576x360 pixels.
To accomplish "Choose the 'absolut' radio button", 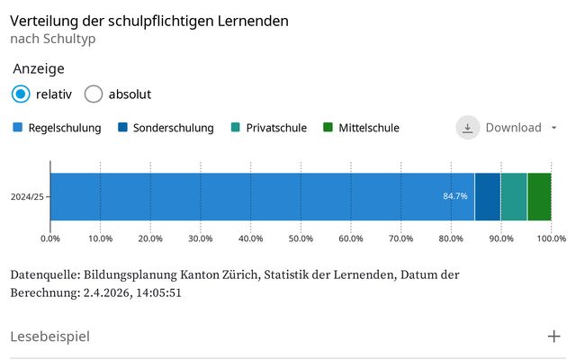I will (x=94, y=94).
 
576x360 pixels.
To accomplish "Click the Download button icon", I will (x=468, y=128).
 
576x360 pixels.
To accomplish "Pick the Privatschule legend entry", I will (x=270, y=128).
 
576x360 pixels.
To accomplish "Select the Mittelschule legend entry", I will (x=361, y=128).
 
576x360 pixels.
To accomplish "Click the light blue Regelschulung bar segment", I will (x=261, y=196).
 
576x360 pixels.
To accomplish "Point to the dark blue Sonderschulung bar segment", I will (x=487, y=196).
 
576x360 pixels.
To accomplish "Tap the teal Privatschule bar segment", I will (x=514, y=196).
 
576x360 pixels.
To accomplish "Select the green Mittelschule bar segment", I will (x=539, y=196).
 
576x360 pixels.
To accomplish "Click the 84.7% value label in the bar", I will (x=455, y=196).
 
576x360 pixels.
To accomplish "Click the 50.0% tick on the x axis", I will (x=301, y=238).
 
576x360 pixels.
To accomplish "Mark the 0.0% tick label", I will (x=50, y=238).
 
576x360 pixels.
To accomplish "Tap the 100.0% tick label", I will (x=551, y=238).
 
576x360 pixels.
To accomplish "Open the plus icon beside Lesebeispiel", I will (x=554, y=337).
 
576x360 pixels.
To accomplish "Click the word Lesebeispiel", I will (x=50, y=337).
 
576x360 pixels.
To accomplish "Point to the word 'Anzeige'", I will (x=39, y=69).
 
